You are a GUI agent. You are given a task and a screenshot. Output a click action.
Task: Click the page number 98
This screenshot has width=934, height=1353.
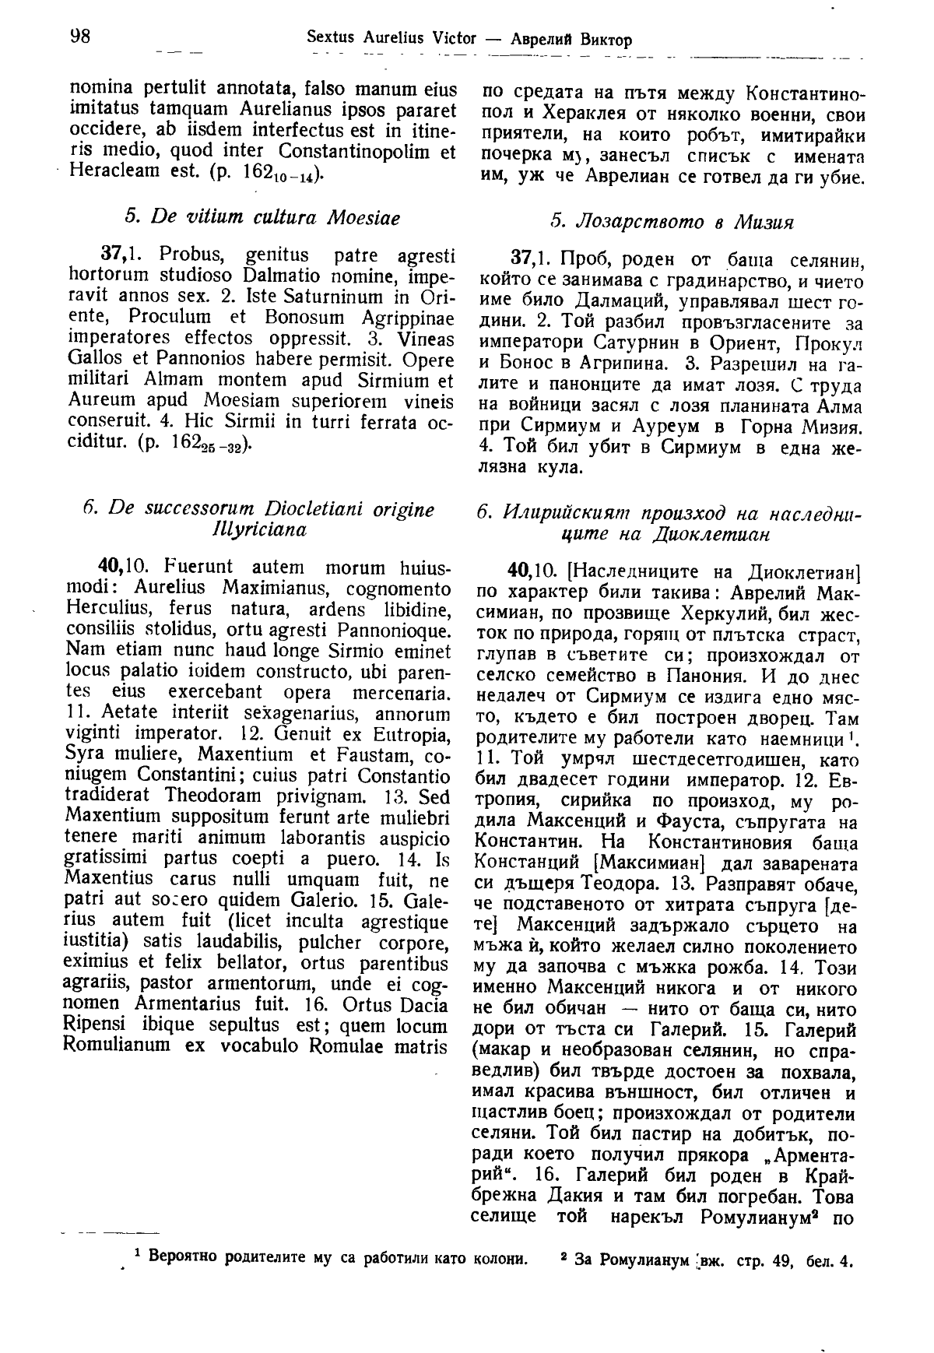[82, 37]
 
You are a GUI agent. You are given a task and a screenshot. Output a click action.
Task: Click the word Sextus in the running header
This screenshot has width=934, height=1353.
[331, 37]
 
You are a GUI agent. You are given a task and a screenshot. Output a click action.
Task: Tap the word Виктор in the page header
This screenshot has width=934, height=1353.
[606, 39]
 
